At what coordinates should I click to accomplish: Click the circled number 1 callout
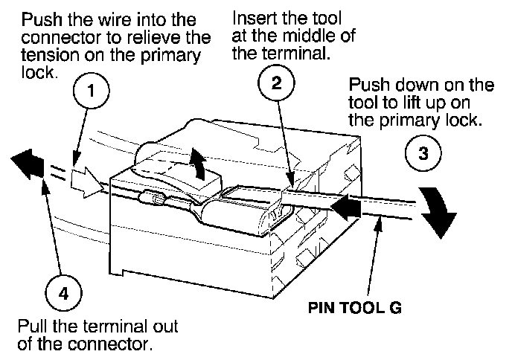[91, 93]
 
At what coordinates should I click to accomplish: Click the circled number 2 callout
[275, 84]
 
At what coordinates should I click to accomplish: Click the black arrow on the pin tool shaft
[349, 206]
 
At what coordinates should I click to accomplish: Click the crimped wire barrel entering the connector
[156, 200]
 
